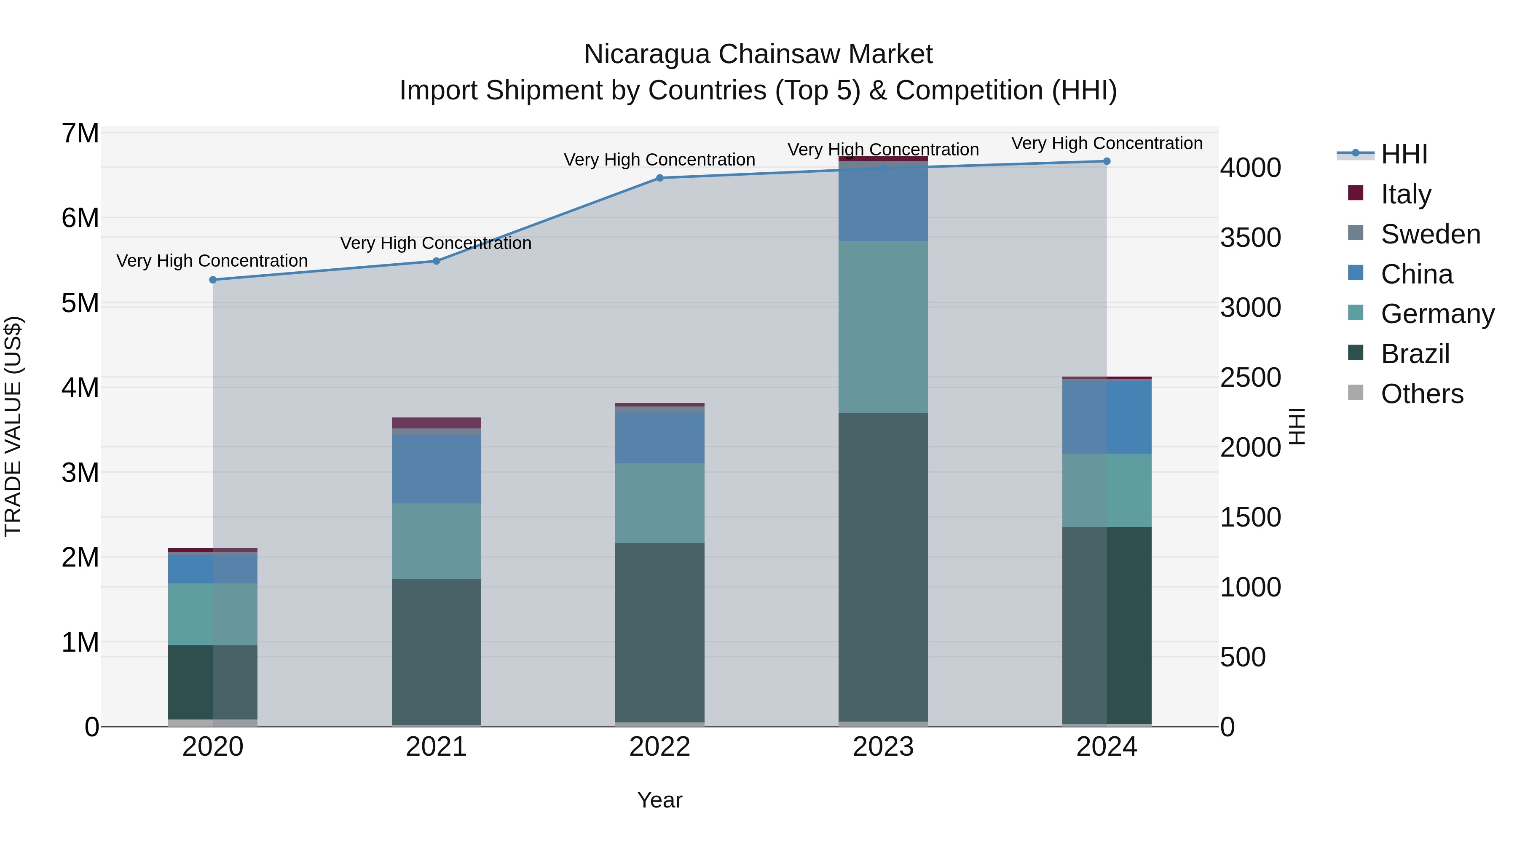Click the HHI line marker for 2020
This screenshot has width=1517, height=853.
coord(213,280)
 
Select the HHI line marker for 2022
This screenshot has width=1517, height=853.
coord(659,178)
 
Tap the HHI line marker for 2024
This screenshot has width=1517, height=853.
coord(1107,161)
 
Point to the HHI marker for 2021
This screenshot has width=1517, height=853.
coord(437,261)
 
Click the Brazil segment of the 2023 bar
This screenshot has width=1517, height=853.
coord(883,567)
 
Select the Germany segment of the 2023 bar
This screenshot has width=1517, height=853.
coord(883,327)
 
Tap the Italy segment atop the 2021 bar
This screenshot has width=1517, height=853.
coord(437,422)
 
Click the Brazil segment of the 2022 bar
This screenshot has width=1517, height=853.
coord(659,632)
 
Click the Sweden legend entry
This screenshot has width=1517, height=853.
coord(1430,234)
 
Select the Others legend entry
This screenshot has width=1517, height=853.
coord(1422,393)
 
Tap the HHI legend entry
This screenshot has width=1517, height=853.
coord(1404,154)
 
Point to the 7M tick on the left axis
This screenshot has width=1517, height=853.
coord(80,134)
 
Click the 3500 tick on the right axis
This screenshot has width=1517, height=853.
coord(1250,238)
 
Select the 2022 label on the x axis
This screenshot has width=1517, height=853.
coord(659,746)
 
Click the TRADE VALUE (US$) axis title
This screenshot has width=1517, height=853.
coord(13,426)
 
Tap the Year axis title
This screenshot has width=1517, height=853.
coord(659,800)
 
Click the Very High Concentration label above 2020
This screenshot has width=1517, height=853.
coord(212,260)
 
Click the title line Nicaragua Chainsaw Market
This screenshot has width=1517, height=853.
coord(758,54)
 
